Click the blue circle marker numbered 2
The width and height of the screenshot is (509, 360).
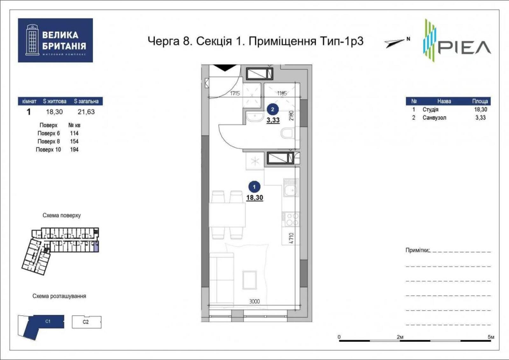pos(272,109)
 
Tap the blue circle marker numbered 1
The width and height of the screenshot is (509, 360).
pos(254,187)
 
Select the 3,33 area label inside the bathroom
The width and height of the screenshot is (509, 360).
pos(273,120)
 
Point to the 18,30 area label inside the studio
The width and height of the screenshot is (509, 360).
pos(255,197)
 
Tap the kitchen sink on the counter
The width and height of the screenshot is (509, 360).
pos(291,188)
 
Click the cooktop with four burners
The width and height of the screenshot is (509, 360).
pos(291,219)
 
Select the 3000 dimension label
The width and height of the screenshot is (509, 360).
pos(254,301)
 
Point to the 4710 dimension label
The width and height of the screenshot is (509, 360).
pos(292,238)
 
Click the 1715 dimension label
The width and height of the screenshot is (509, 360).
pos(235,93)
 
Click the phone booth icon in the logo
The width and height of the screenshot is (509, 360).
pos(32,40)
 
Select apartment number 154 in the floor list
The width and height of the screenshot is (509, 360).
pos(74,142)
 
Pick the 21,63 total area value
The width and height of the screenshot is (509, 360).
pos(86,112)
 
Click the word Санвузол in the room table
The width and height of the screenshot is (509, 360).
pos(434,118)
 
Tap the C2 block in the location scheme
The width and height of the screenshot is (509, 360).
pos(87,322)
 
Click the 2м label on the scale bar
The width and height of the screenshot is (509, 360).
pos(400,337)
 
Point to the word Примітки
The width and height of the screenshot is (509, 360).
pos(417,250)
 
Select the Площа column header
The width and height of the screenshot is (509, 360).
pos(480,101)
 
